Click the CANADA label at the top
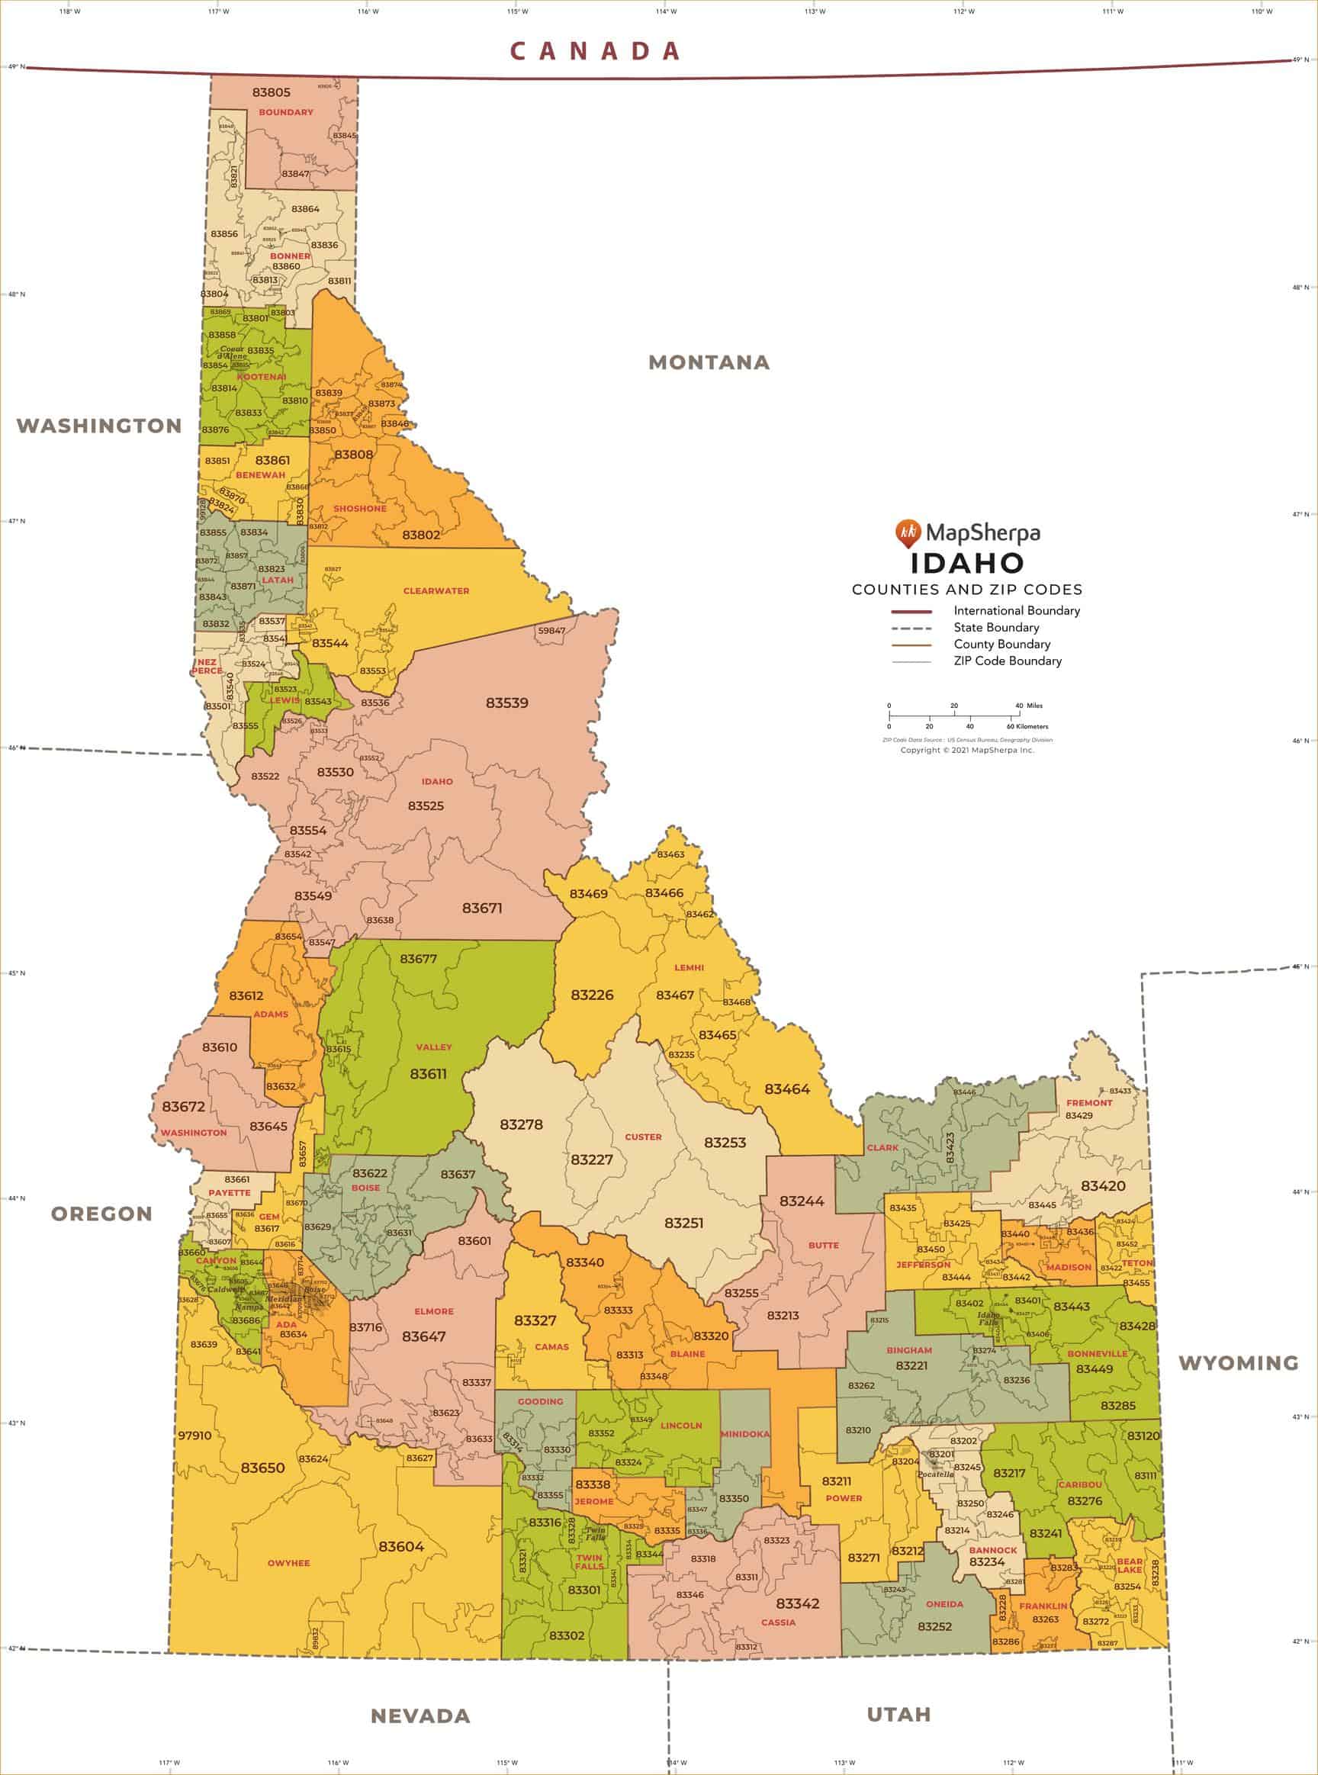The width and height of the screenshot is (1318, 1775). (595, 51)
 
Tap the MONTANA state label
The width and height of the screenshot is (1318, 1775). (709, 362)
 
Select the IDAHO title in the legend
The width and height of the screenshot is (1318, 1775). (967, 562)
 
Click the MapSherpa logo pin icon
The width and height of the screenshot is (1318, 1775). (908, 532)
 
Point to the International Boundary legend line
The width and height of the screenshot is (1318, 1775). (911, 611)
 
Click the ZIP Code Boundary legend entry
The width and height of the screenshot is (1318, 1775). (1007, 661)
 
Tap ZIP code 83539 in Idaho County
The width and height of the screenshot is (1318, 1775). (506, 703)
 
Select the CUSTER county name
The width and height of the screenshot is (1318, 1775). (643, 1137)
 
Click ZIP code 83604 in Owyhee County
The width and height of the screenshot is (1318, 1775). (401, 1546)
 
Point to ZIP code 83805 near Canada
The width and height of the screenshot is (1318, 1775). (272, 92)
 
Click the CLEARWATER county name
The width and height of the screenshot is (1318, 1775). (436, 591)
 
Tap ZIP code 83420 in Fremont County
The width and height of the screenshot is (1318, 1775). (1103, 1185)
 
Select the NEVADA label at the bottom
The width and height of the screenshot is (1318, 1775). (420, 1716)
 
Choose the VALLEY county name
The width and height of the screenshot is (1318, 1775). (433, 1047)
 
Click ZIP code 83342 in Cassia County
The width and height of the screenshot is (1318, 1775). (797, 1603)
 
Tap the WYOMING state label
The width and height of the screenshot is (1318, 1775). (1238, 1363)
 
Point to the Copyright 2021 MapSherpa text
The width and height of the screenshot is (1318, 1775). (967, 750)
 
